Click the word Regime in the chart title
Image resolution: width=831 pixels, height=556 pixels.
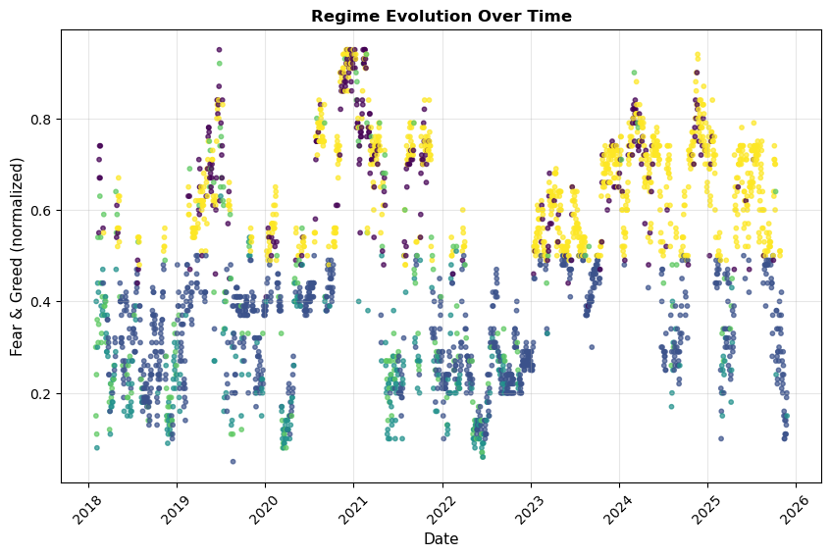pos(342,16)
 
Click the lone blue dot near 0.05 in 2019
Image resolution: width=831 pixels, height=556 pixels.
pos(233,461)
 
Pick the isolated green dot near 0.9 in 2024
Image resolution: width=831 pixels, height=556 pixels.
pos(634,73)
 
